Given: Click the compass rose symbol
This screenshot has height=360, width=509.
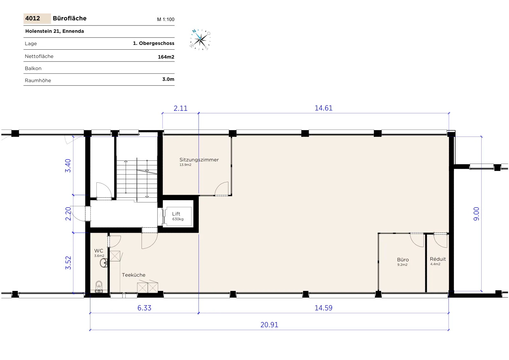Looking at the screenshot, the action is (x=200, y=40).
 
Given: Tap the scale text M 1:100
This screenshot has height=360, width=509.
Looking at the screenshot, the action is (x=166, y=19).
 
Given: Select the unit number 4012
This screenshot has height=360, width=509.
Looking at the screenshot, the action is (x=32, y=18).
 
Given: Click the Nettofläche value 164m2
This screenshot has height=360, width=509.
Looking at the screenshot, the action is (x=166, y=57).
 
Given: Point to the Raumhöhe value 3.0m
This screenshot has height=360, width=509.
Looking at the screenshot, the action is (x=168, y=79).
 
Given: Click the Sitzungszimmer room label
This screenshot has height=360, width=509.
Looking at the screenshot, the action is (x=199, y=160).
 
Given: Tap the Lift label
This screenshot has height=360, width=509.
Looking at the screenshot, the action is (x=176, y=214).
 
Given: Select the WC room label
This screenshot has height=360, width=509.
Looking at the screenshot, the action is (x=99, y=251).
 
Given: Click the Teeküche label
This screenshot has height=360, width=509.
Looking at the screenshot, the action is (x=134, y=275).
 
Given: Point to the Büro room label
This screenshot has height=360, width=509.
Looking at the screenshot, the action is (x=403, y=260).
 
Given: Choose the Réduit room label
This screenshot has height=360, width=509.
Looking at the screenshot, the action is (x=438, y=259).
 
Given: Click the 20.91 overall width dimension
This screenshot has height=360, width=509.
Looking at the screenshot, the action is (x=269, y=325).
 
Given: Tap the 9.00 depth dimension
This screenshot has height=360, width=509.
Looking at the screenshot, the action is (x=476, y=214).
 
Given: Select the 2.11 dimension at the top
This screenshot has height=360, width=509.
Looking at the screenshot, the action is (x=180, y=108).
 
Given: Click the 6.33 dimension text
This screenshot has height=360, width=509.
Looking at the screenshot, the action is (x=144, y=308).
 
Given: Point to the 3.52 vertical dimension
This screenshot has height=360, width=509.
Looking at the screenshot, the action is (x=68, y=263).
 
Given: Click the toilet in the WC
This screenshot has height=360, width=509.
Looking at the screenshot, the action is (x=99, y=286).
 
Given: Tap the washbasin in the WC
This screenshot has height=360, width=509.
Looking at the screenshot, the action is (x=104, y=263).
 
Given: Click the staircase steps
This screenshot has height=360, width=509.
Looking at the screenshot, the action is (x=137, y=180).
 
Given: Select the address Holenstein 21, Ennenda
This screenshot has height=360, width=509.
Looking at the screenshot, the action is (x=54, y=31).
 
